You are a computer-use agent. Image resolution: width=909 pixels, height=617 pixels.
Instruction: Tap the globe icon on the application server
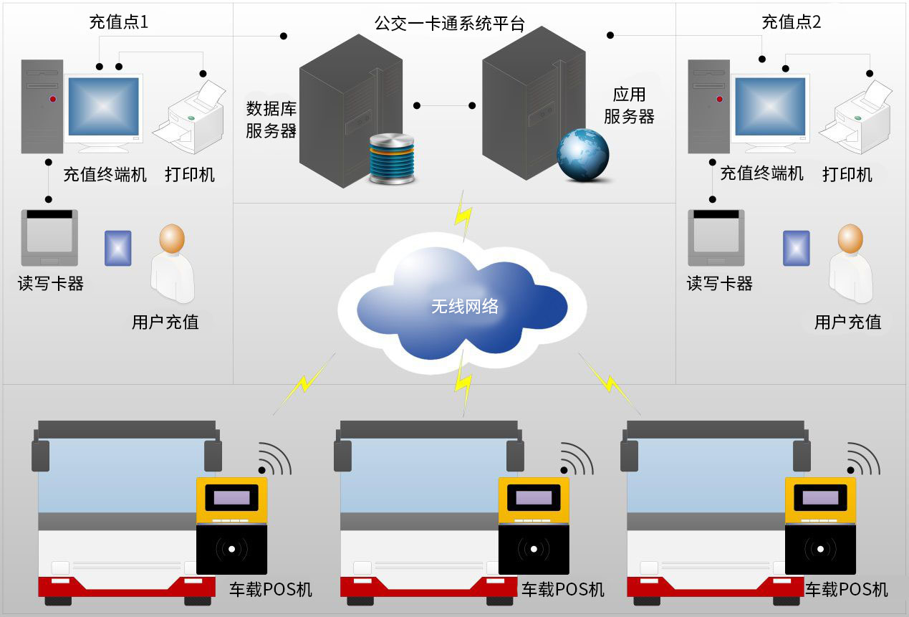[x=583, y=155]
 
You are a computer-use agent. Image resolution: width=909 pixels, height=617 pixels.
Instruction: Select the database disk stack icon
[x=391, y=158]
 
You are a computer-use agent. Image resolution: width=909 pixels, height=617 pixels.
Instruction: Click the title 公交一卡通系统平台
[x=449, y=24]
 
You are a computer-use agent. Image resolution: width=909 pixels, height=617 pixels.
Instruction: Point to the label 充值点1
[x=119, y=21]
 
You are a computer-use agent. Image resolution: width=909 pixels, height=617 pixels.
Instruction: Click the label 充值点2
[x=791, y=21]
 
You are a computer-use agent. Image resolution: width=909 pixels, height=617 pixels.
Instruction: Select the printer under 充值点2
[x=855, y=118]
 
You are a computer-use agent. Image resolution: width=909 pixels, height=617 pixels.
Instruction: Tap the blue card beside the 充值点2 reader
[x=796, y=248]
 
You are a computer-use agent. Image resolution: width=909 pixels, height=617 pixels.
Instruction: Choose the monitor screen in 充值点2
[x=770, y=107]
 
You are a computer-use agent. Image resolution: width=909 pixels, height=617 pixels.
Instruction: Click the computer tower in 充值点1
[x=42, y=106]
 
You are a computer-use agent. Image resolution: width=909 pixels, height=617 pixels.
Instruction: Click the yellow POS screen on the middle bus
[x=534, y=497]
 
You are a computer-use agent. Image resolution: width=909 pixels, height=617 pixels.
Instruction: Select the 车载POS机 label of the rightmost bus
[x=847, y=590]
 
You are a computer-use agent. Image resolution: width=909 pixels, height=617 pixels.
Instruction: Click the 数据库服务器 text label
[x=271, y=120]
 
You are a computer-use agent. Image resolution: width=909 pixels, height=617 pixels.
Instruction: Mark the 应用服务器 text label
[x=629, y=105]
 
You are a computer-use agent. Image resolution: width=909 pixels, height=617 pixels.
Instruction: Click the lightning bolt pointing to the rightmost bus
[x=609, y=383]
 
